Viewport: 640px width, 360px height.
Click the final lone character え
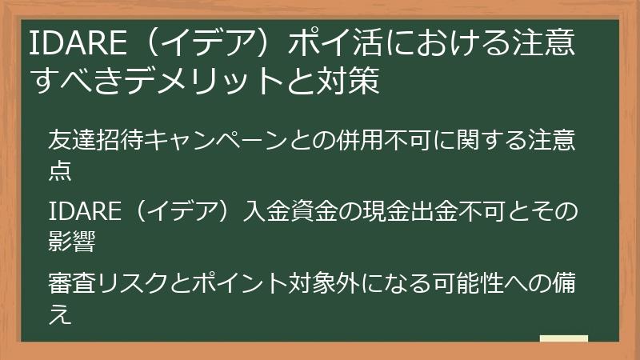click(x=60, y=314)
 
